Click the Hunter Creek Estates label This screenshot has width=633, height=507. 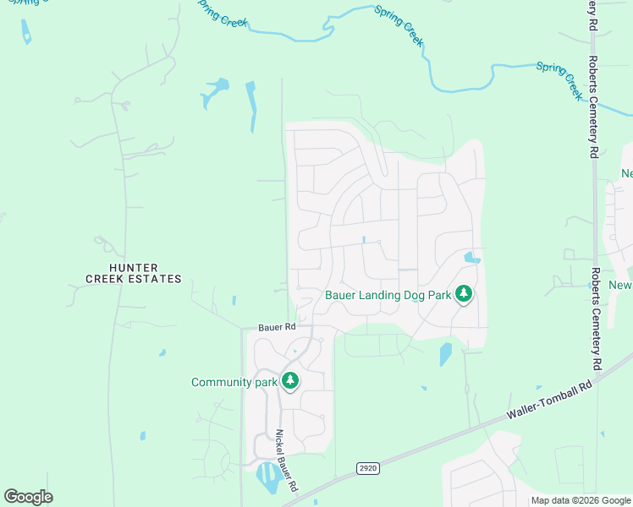pos(134,273)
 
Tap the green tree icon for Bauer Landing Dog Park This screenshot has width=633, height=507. pos(463,295)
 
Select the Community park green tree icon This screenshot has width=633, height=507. pos(290,382)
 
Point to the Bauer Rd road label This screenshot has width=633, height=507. pos(277,327)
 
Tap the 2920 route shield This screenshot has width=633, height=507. pos(366,467)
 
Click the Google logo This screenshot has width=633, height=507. pos(28,497)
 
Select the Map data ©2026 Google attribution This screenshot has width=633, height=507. pos(581,500)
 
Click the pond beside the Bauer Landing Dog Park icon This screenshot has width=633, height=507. pos(471,258)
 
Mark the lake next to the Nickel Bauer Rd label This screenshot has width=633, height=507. pos(270,478)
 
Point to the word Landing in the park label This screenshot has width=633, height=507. pos(377,296)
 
